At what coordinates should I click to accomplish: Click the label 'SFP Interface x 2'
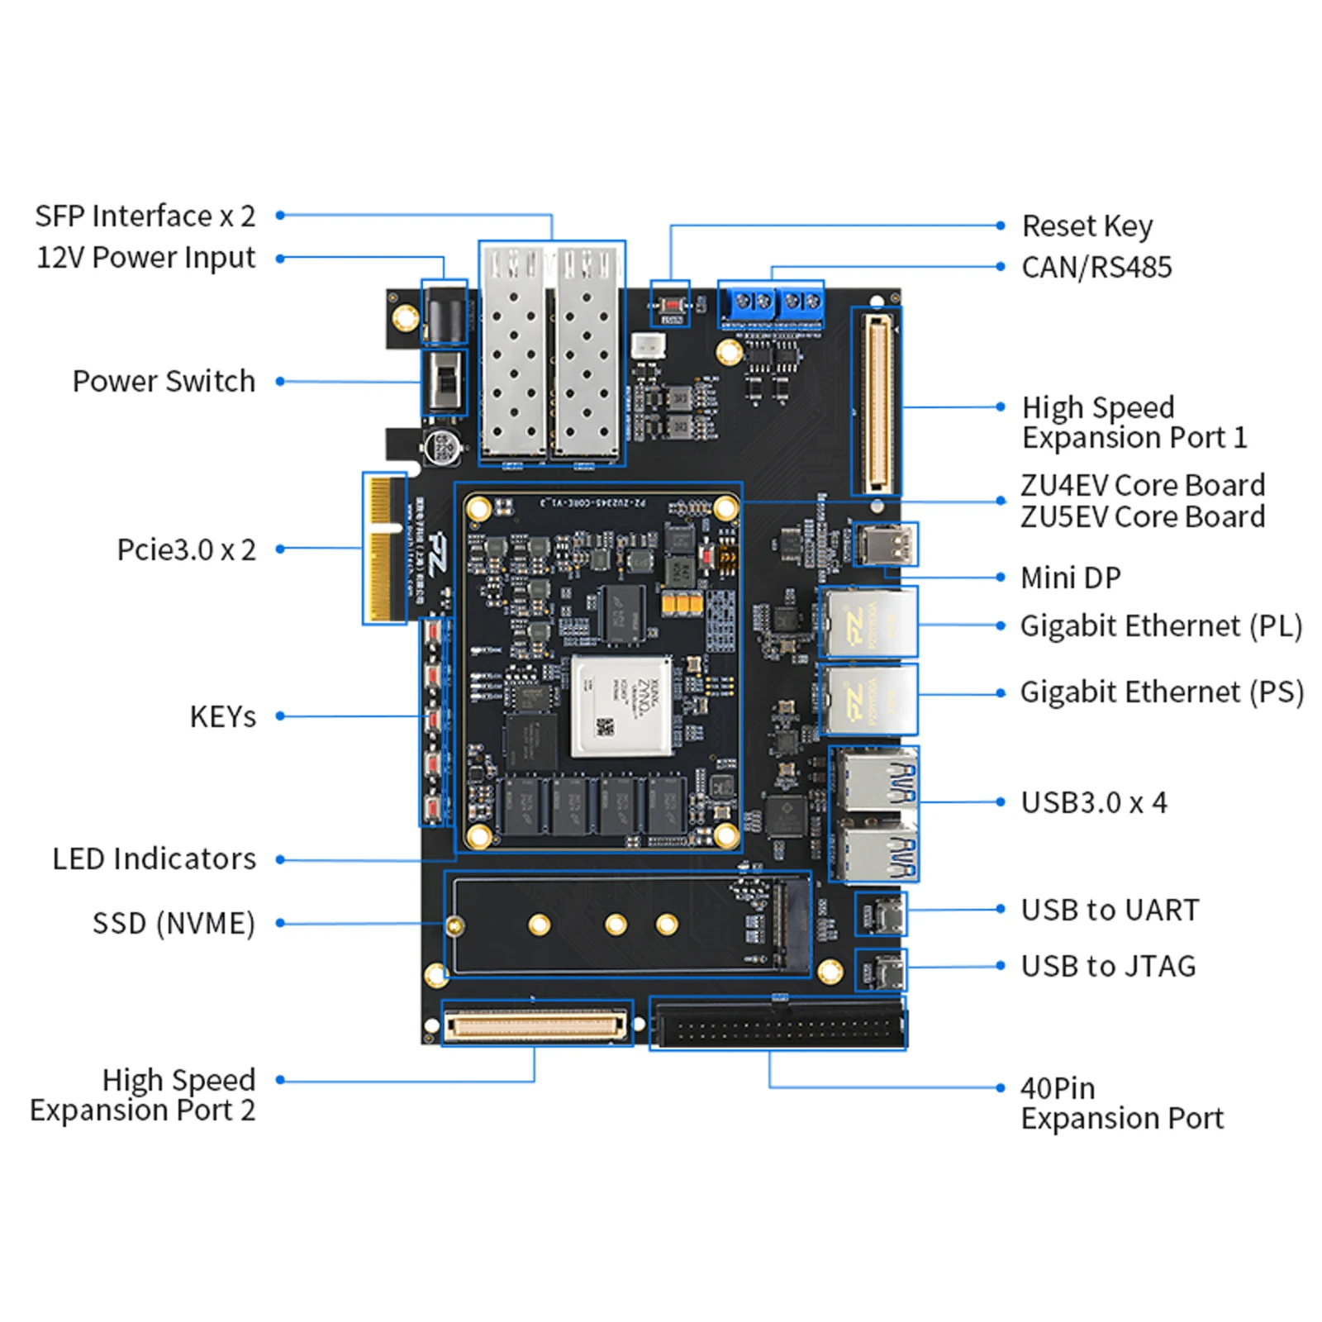point(145,216)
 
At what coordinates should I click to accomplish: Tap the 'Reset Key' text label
point(1087,226)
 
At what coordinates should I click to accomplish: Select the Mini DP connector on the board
point(885,545)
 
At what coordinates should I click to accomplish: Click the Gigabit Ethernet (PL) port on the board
point(868,621)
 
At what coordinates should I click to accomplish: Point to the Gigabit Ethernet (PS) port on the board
point(868,699)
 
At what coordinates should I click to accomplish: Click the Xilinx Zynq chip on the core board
point(621,706)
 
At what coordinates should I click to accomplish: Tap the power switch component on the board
point(445,382)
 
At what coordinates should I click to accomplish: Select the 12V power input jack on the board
point(444,312)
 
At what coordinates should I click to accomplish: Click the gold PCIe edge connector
point(383,548)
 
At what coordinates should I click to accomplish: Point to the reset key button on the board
point(671,305)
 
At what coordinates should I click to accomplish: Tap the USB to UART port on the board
point(882,914)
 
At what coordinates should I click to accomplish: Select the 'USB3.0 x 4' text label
point(1093,802)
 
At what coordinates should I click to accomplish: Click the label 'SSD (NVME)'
point(174,923)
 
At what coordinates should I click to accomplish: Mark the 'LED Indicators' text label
point(154,859)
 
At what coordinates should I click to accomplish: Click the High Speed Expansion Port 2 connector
point(537,1025)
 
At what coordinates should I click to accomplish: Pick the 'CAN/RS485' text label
point(1096,267)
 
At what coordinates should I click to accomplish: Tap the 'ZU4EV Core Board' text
point(1142,485)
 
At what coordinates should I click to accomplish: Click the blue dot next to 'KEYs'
point(280,716)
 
